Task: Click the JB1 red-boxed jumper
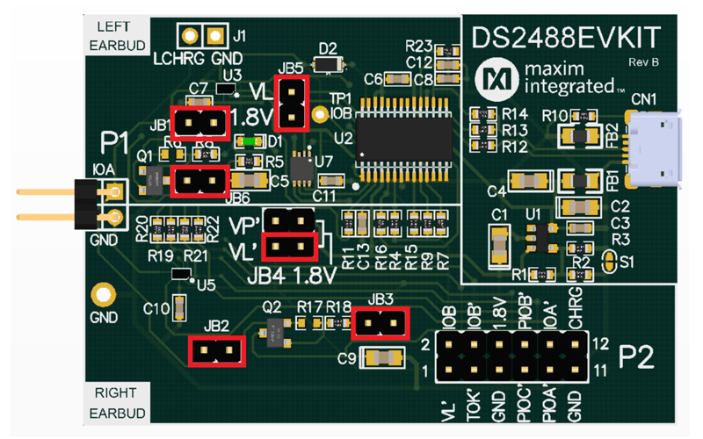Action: coord(199,124)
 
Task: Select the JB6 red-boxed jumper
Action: coord(199,182)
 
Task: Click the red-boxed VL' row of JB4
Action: coord(290,247)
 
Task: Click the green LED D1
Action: coord(250,140)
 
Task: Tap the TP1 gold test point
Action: coord(321,114)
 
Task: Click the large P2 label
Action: coord(643,356)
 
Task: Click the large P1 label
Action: coord(115,140)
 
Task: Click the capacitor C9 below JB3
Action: coord(383,356)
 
